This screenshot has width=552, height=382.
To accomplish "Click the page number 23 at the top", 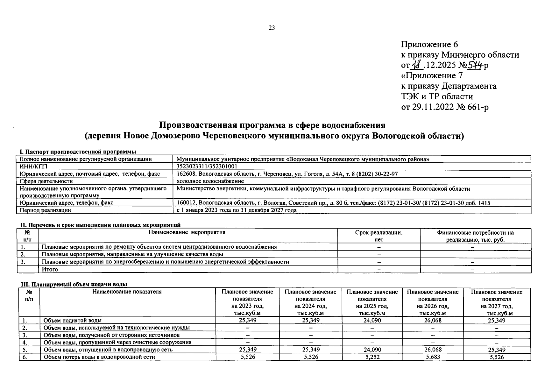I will pos(272,28).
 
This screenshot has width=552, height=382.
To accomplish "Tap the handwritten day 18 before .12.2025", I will pos(416,65).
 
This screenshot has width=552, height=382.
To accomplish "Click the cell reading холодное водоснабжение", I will pos(210,181).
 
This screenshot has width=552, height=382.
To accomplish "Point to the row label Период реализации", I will pos(45,210).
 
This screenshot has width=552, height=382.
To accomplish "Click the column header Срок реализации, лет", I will pos(379,236).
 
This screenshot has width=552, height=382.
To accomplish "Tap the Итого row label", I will pos(50,269).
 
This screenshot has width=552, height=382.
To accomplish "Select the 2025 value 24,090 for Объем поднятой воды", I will pos(372,320).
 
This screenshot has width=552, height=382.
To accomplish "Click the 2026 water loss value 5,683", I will pos(433,357).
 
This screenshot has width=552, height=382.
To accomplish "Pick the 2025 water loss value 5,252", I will pos(372,357).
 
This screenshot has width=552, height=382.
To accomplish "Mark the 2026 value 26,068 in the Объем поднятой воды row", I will pos(433,320).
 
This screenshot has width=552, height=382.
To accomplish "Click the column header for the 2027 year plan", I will pos(497,302).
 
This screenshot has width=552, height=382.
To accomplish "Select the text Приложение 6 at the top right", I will pos(429,45).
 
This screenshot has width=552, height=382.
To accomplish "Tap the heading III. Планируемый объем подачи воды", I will pos(74,284).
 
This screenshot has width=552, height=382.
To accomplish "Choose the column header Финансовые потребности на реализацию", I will pos(475,236).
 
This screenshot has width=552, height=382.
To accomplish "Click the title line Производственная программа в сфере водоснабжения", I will pos(272,125).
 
